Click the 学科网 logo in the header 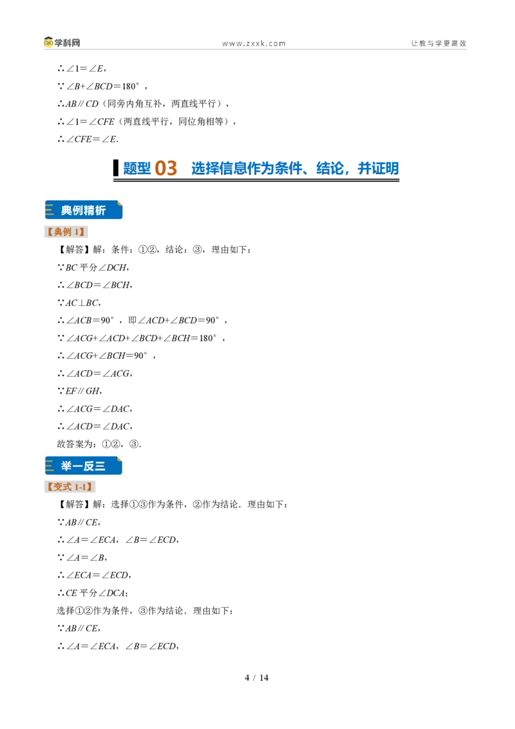point(62,43)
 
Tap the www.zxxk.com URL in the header point(254,44)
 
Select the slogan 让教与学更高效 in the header point(438,43)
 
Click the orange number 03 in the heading point(166,168)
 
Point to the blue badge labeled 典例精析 point(84,210)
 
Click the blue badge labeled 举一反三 point(84,466)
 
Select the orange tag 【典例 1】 point(66,232)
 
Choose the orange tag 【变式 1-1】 point(70,487)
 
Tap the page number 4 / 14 point(257,677)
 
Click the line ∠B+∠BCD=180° point(102,86)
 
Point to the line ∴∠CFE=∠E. point(88,139)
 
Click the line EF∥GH point(79,391)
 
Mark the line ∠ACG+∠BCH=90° point(106,355)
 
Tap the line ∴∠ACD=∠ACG point(95,374)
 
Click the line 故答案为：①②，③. point(99,444)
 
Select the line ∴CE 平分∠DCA point(93,592)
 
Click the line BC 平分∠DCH point(93,267)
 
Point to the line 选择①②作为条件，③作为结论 point(145,611)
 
